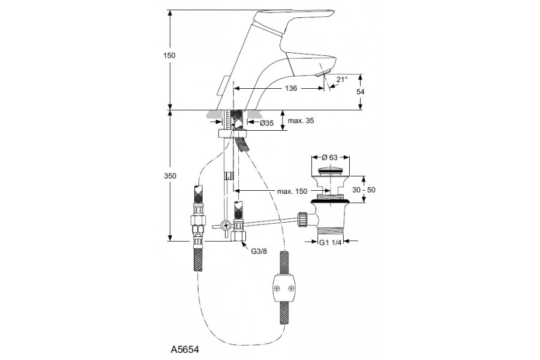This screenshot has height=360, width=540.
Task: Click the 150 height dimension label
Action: (170, 55)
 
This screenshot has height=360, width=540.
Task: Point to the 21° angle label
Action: (341, 79)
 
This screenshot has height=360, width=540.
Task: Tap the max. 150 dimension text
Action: (293, 192)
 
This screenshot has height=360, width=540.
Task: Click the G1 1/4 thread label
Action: (329, 243)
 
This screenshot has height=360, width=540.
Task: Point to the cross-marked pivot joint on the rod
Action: (225, 226)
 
